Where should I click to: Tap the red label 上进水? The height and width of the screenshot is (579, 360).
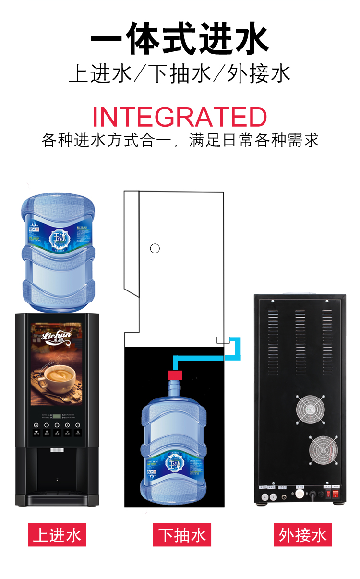tap(57, 535)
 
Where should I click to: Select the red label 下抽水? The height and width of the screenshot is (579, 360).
tap(182, 535)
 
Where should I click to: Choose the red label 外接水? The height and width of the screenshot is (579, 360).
tap(302, 535)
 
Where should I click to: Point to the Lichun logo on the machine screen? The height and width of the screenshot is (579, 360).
tap(57, 336)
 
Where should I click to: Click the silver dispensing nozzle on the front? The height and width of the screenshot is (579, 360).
tap(57, 450)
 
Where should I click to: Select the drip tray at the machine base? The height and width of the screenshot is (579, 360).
tap(57, 499)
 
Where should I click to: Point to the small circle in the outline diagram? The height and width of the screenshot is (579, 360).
tap(155, 248)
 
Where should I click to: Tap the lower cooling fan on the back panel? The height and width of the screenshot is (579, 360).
tap(323, 450)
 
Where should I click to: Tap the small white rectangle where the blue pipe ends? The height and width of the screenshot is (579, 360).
tap(223, 340)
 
